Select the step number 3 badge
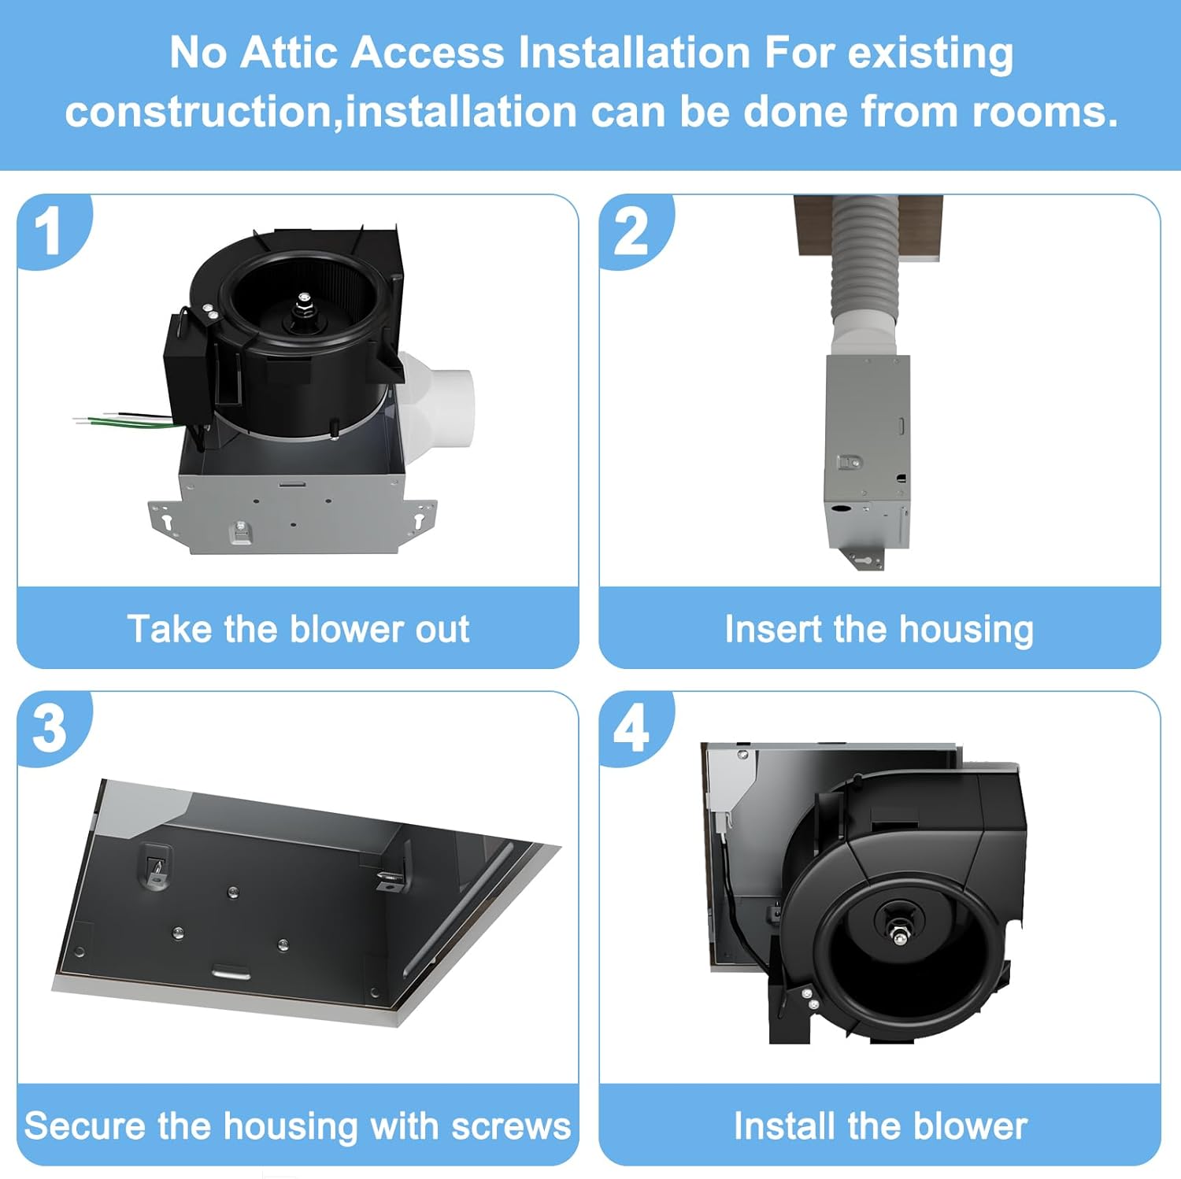[49, 728]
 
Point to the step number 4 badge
[631, 728]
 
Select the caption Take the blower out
[298, 629]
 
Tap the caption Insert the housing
[879, 629]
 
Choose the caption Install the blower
[880, 1125]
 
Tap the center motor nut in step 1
[304, 299]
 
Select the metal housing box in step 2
[867, 449]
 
